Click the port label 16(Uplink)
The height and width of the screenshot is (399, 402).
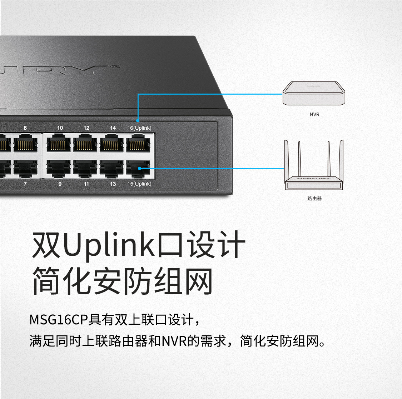click(139, 128)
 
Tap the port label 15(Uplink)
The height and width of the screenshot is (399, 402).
click(139, 184)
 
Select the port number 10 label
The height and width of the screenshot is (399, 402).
click(60, 128)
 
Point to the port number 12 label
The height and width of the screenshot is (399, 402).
click(86, 128)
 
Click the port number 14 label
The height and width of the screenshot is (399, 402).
click(113, 128)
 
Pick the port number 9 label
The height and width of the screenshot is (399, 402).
click(60, 184)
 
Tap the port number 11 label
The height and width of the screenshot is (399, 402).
click(86, 184)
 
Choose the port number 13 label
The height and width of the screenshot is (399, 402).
click(113, 184)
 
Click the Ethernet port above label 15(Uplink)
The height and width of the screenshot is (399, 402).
click(139, 168)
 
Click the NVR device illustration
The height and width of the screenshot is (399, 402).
click(314, 93)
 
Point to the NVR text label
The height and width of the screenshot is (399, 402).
click(314, 115)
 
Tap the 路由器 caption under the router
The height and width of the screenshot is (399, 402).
click(314, 198)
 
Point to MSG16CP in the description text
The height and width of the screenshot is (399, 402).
click(59, 319)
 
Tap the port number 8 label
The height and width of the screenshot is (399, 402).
click(25, 128)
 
